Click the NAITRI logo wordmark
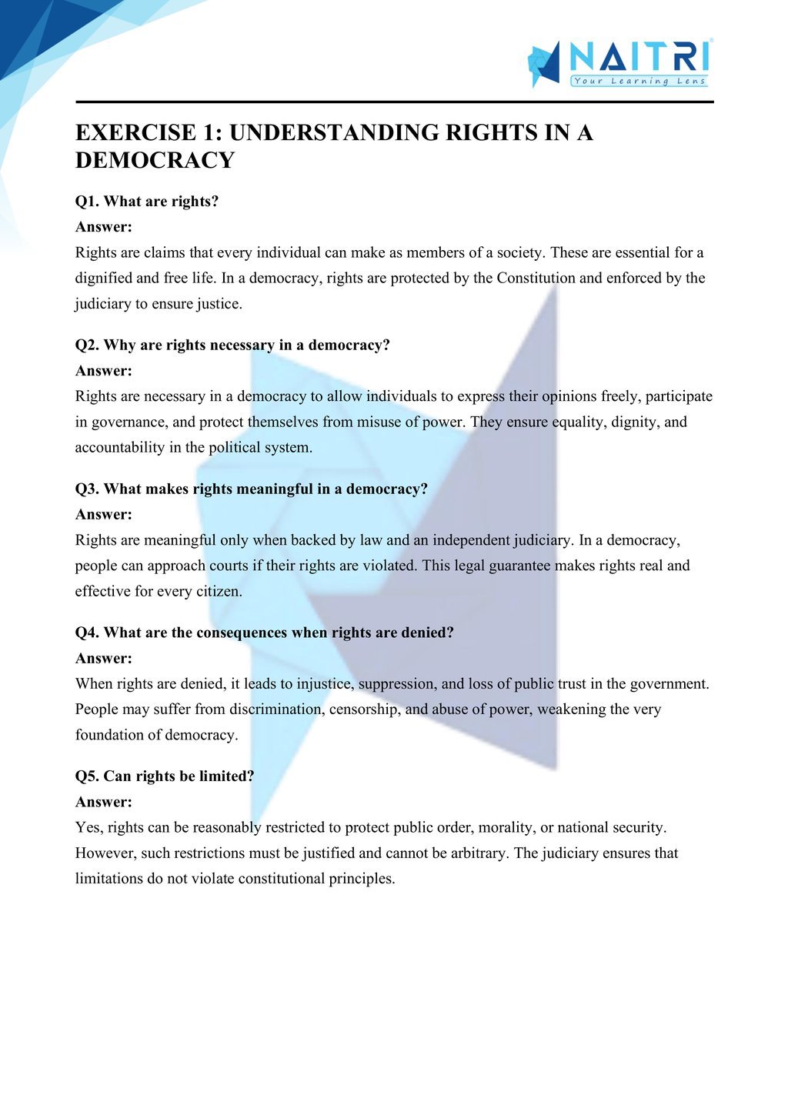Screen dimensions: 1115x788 pos(639,56)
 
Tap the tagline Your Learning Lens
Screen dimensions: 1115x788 pos(639,81)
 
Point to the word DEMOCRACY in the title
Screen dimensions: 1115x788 pos(155,160)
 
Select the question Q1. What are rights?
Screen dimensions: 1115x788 pos(147,202)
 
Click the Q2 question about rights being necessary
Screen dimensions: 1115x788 pos(232,345)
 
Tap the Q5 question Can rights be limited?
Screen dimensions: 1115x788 pos(165,776)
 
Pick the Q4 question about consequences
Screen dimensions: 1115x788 pos(265,633)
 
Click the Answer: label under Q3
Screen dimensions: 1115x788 pos(104,514)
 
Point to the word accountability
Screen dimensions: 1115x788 pos(120,447)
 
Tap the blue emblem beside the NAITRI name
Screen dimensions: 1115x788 pos(544,64)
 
